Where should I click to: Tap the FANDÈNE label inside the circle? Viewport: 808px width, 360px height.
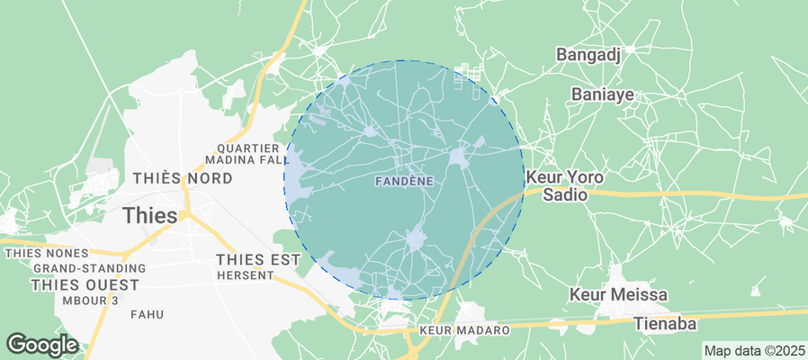point(403,181)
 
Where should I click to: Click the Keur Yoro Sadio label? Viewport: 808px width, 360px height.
point(564,185)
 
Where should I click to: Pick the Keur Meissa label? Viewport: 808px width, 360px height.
point(619,294)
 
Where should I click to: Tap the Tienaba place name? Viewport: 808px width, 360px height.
point(667,323)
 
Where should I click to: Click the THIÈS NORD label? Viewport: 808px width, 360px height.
point(183,178)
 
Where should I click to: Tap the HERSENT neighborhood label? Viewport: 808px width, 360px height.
point(245,275)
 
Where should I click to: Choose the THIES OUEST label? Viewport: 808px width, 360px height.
point(85,284)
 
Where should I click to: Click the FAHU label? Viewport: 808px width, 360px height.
point(146,315)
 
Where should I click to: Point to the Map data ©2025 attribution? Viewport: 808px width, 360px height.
point(754,351)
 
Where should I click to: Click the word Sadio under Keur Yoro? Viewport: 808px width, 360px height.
point(564,194)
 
